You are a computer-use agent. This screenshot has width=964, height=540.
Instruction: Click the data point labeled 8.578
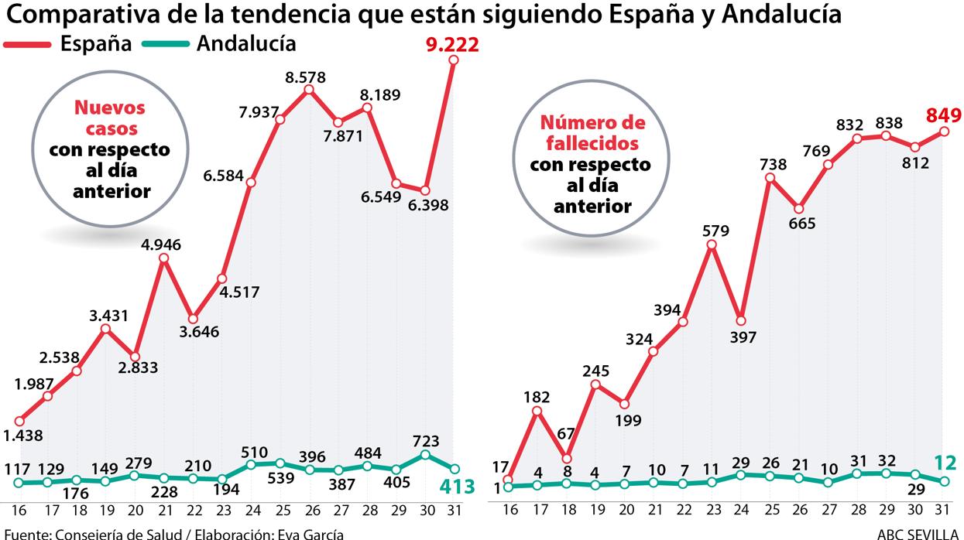[x=309, y=91]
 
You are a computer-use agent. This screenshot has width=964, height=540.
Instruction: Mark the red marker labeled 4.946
[x=163, y=258]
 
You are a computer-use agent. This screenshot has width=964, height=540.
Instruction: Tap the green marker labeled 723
[x=425, y=455]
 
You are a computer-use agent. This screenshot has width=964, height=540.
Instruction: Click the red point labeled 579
[x=712, y=245]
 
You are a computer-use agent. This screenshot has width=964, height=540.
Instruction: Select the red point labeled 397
[x=741, y=320]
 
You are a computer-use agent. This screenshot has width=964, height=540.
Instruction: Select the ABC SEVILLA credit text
[x=919, y=533]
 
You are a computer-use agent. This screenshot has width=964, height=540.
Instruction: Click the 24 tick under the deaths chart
[x=741, y=511]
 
